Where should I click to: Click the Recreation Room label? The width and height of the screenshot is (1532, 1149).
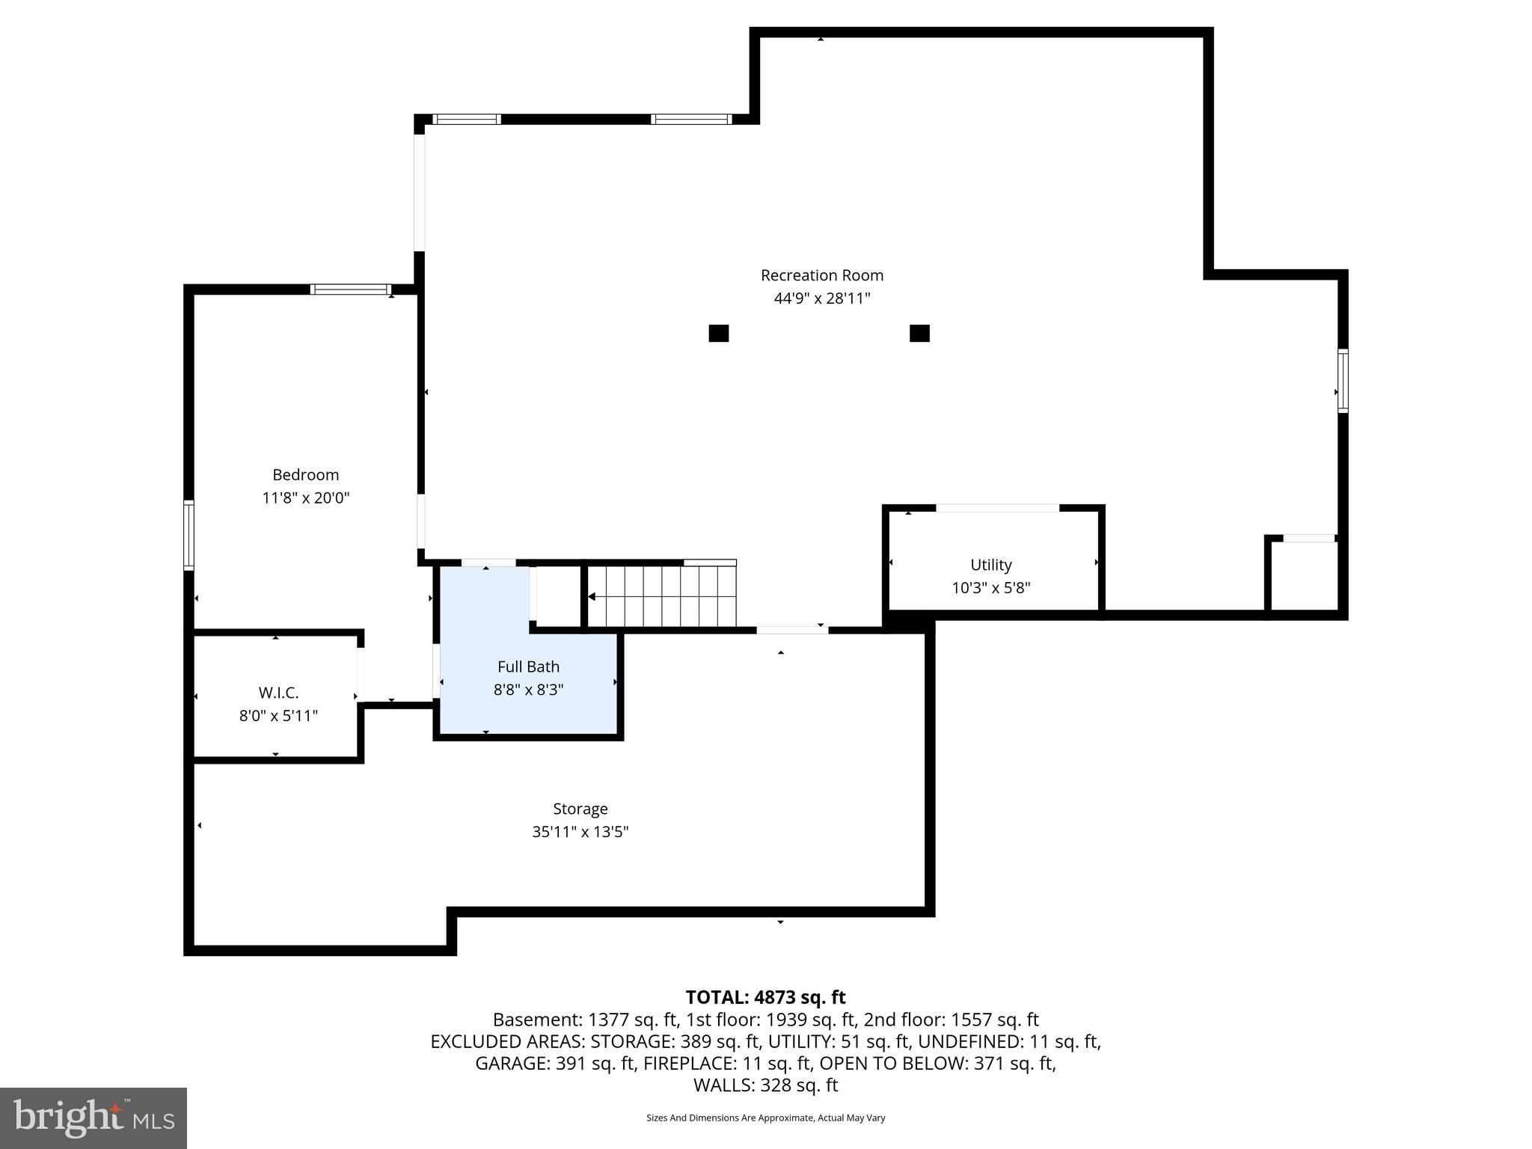tap(821, 275)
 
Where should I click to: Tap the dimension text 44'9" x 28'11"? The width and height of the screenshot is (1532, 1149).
tap(821, 298)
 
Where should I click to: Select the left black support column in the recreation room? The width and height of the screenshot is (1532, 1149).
tap(718, 333)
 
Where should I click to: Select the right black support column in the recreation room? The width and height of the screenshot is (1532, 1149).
tap(919, 333)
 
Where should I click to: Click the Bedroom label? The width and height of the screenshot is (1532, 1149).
tap(305, 474)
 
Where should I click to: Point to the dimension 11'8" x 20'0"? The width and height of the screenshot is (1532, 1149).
tap(305, 497)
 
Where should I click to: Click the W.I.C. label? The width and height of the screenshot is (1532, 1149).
tap(278, 693)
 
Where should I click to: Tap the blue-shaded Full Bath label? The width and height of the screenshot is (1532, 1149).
tap(528, 667)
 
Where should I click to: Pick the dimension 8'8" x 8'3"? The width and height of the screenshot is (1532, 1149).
tap(528, 690)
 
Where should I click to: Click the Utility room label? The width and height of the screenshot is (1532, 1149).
tap(990, 565)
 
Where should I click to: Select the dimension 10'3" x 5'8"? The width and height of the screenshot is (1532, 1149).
tap(990, 588)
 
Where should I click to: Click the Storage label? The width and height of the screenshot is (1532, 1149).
tap(580, 809)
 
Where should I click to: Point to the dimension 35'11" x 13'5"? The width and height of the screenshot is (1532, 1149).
tap(580, 832)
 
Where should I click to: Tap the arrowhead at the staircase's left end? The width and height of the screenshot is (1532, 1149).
tap(592, 596)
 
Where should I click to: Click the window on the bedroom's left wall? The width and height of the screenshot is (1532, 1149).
tap(189, 535)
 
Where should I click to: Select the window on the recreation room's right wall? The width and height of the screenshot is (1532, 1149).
tap(1343, 381)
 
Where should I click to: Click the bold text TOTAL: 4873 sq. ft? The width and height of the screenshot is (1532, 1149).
tap(765, 997)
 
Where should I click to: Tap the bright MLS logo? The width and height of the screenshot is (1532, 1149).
tap(94, 1118)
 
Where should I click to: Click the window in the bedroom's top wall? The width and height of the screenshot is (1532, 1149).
tap(350, 289)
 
